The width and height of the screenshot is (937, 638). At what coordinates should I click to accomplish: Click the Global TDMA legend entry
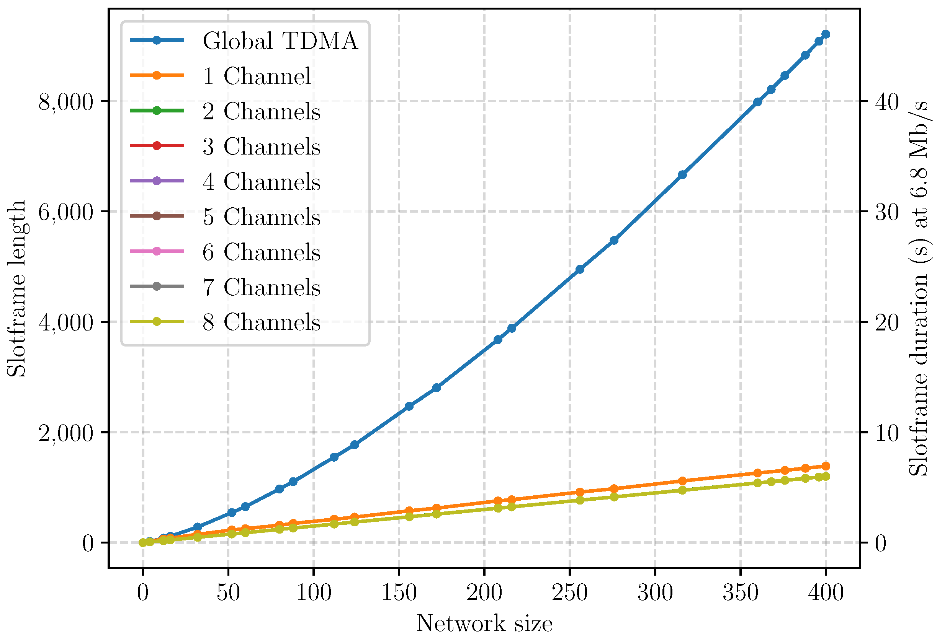click(280, 41)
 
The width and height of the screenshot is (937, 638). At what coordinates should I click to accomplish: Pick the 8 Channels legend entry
click(261, 322)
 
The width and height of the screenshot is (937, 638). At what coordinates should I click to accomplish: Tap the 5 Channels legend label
click(261, 217)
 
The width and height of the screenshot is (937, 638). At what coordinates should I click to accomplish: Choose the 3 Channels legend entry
click(261, 146)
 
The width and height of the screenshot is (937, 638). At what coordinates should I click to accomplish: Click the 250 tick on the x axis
click(569, 592)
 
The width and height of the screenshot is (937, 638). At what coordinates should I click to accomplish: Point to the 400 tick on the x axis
click(825, 592)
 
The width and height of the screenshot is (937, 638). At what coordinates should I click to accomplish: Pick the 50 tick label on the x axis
click(228, 592)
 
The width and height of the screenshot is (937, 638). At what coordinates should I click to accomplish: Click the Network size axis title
click(484, 623)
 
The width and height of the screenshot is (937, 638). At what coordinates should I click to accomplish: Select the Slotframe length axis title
click(17, 288)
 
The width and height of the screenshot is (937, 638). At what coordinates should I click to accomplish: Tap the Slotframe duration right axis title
click(920, 288)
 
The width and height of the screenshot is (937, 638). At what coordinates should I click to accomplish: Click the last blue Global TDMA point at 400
click(825, 34)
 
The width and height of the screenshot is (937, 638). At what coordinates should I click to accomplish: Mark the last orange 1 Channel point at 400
click(825, 466)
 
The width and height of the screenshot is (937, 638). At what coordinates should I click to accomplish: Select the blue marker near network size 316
click(682, 175)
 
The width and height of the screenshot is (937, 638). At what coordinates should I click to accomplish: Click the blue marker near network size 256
click(580, 269)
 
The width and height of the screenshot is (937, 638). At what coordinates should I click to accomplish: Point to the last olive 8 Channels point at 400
click(825, 477)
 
